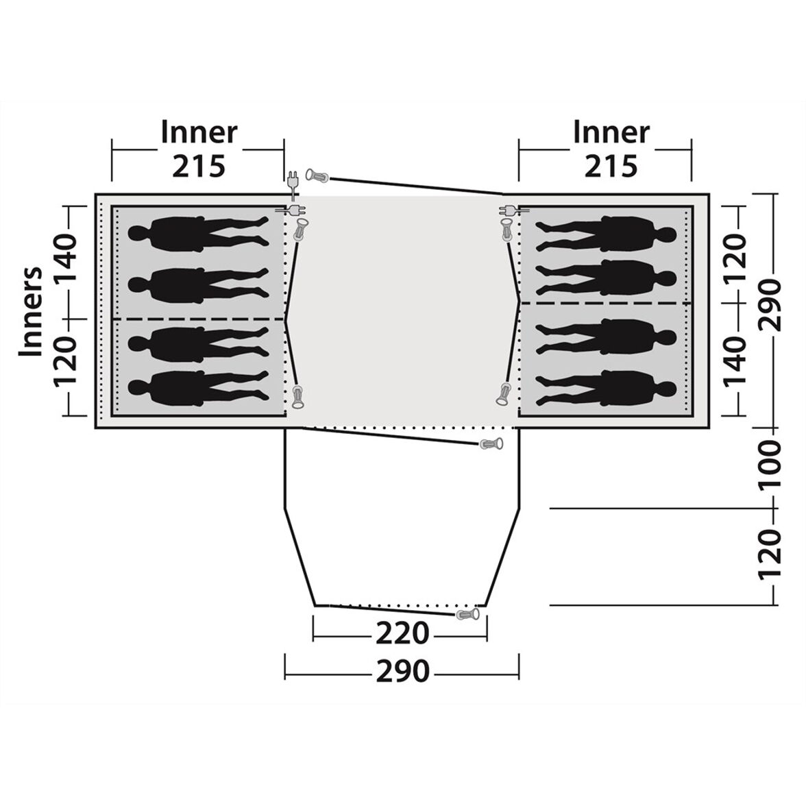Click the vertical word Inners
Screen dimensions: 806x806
[x=30, y=311]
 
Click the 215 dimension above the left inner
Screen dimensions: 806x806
[x=199, y=166]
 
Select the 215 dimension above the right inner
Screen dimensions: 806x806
[x=611, y=166]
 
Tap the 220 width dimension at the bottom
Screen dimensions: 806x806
[x=402, y=633]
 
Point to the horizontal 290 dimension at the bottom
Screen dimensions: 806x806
[x=402, y=671]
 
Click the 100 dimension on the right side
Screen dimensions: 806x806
[x=770, y=464]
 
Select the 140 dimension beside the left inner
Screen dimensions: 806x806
[x=64, y=258]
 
